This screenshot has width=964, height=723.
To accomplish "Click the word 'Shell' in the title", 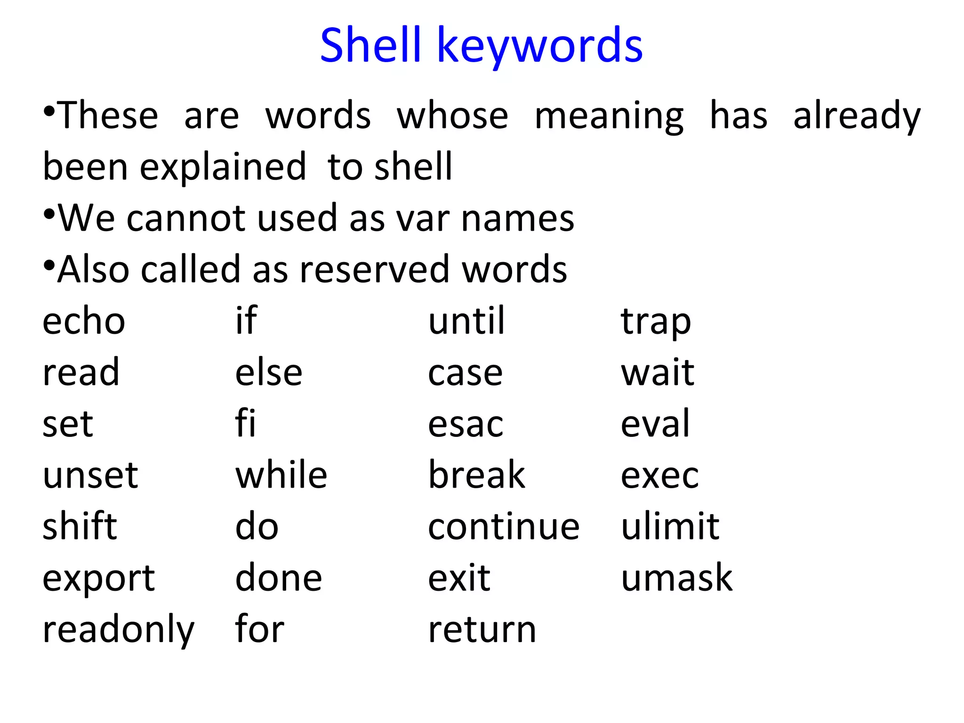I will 370,45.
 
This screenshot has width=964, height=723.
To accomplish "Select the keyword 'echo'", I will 84,321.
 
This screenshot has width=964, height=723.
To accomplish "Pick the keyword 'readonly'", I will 118,630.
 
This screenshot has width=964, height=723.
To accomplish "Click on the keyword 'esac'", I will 466,424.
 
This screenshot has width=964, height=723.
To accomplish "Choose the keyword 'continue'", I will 504,527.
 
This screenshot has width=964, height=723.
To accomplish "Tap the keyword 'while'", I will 281,475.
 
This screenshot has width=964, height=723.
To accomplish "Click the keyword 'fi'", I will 245,423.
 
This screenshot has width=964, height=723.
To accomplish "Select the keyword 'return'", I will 482,630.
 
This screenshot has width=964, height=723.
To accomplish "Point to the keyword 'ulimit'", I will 670,526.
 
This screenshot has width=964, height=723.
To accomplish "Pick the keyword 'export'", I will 98,579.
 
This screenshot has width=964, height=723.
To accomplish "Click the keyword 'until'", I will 466,321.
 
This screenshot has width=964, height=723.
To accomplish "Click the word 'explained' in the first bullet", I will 223,167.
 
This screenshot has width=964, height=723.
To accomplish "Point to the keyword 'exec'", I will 659,476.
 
